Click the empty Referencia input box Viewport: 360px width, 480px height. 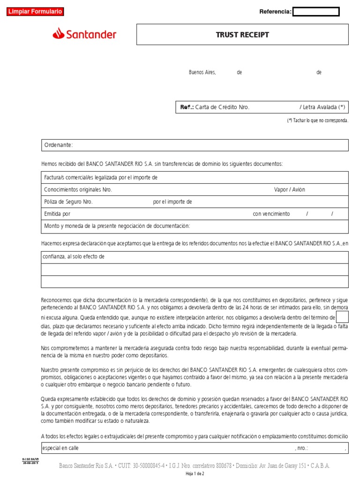316,12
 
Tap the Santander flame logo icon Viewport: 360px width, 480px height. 59,33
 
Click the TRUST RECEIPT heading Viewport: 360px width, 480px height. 242,35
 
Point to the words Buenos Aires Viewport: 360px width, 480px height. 202,73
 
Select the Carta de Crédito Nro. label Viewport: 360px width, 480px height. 222,107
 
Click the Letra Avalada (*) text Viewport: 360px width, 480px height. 322,107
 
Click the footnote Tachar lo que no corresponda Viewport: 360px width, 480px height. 318,120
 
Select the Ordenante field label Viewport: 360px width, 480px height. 58,145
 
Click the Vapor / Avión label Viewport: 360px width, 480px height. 289,190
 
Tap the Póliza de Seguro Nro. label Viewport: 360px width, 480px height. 68,202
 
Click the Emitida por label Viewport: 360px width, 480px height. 57,214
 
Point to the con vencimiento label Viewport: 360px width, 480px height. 271,214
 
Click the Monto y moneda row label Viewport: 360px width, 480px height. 117,226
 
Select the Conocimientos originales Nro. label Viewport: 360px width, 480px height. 78,190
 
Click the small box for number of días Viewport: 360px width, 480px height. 342,317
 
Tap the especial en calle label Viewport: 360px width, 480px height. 61,448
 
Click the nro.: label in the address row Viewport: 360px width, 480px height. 301,448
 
